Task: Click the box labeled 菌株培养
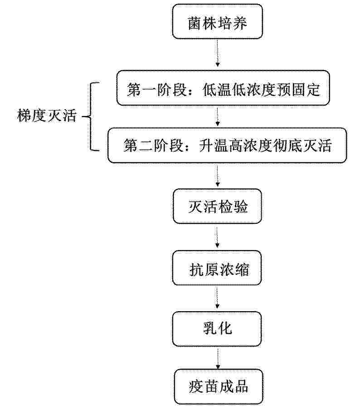(217, 21)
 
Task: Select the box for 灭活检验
(217, 206)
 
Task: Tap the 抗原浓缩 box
(217, 268)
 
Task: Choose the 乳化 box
(217, 329)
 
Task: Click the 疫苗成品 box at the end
(218, 387)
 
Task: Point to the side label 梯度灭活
(47, 115)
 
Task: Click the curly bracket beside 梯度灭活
(91, 116)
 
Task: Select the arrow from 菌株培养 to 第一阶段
(218, 53)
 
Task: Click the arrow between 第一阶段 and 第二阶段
(218, 116)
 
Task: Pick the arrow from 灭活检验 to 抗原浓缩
(217, 236)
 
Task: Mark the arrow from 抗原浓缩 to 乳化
(217, 298)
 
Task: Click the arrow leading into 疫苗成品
(218, 358)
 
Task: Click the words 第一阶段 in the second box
(157, 90)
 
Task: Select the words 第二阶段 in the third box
(154, 145)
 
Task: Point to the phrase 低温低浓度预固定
(261, 90)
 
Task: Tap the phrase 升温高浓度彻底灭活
(265, 145)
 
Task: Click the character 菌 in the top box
(195, 23)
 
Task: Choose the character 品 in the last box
(241, 386)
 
